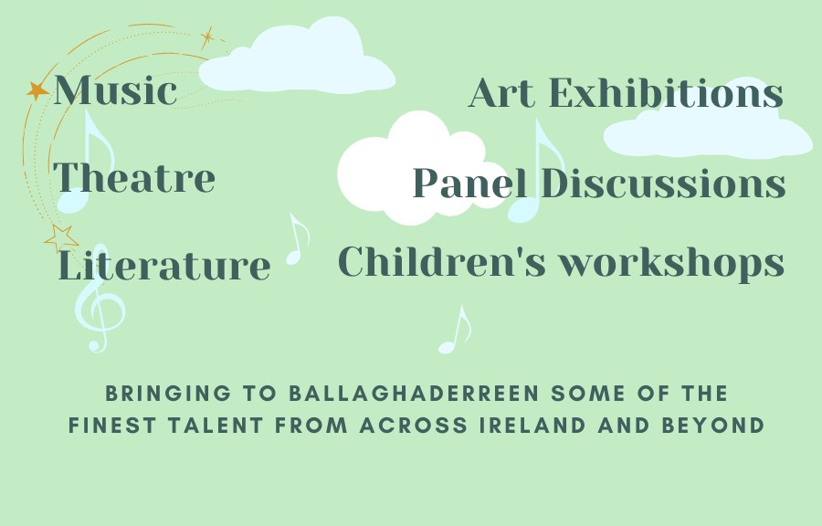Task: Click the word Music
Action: [x=115, y=90]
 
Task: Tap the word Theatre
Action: [x=134, y=177]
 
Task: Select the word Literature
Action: [x=164, y=265]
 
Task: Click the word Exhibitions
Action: [x=666, y=93]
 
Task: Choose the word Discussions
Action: [x=663, y=183]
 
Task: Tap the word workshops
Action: [x=671, y=264]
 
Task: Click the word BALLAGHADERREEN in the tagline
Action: [x=414, y=393]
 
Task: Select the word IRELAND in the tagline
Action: [x=532, y=426]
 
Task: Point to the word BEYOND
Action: [x=713, y=426]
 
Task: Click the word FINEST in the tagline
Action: [x=112, y=426]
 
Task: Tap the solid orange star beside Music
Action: [x=37, y=90]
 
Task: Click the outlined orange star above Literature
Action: [x=61, y=238]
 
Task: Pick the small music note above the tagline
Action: [x=455, y=330]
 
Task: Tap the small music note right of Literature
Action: [x=298, y=239]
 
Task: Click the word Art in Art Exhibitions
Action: [x=502, y=93]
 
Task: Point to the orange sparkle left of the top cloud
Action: [x=208, y=37]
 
